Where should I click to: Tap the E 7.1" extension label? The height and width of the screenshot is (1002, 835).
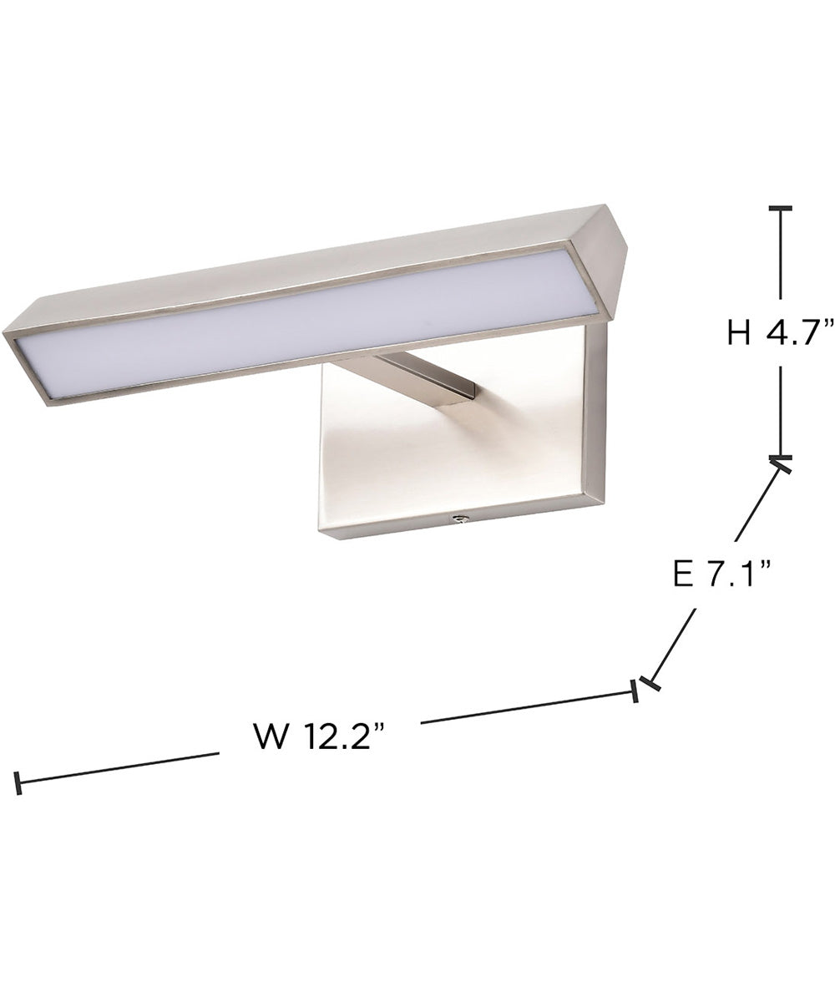pyautogui.click(x=720, y=574)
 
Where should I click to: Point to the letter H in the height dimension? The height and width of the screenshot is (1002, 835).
pyautogui.click(x=738, y=334)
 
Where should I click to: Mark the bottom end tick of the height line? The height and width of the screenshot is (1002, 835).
pyautogui.click(x=780, y=458)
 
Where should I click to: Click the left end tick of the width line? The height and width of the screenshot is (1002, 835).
pyautogui.click(x=18, y=783)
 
